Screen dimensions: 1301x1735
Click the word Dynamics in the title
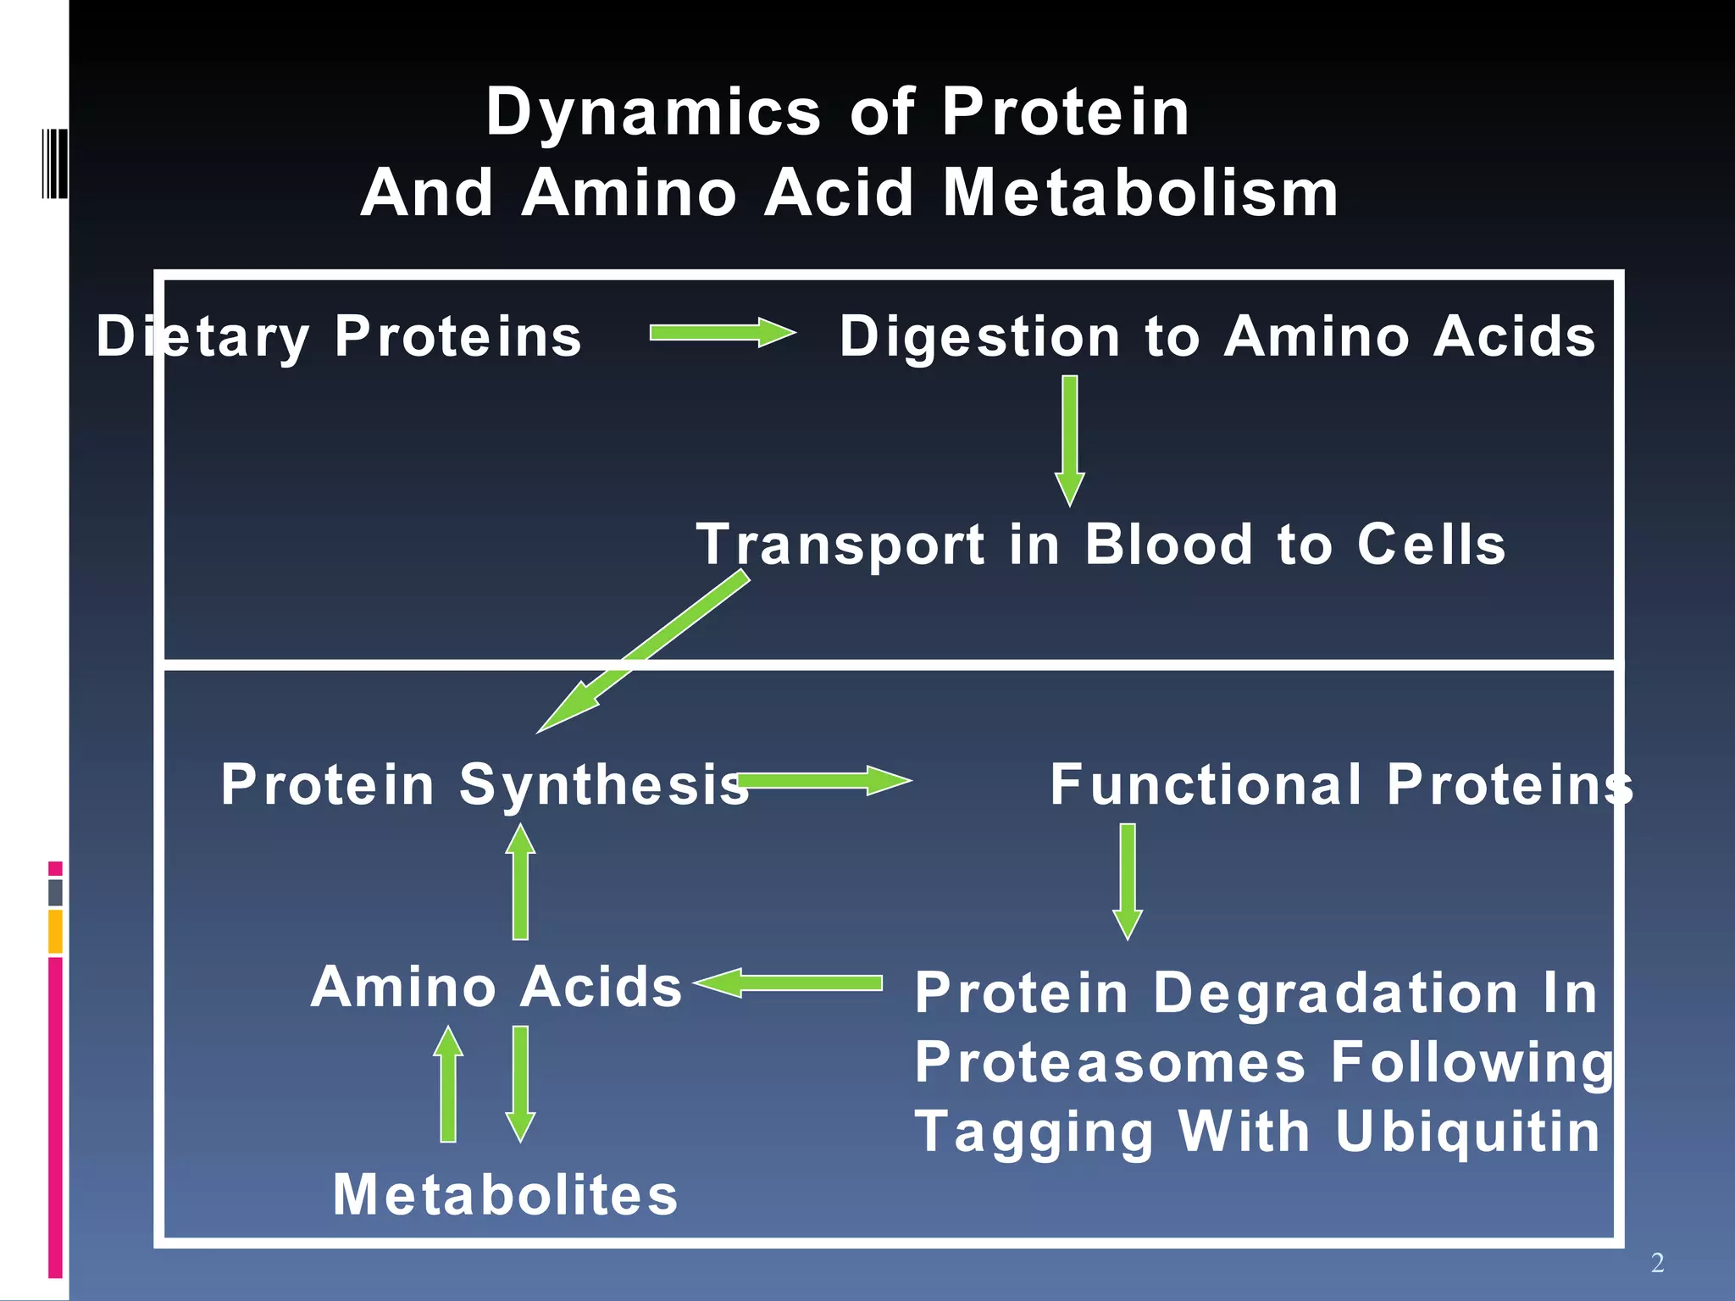point(653,113)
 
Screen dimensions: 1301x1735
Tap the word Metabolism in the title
point(1140,193)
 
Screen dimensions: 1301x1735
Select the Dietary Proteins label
point(339,337)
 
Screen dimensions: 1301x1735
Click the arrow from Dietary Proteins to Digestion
point(722,333)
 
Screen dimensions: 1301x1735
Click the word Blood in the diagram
point(1168,544)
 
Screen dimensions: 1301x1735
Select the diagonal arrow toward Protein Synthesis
point(644,651)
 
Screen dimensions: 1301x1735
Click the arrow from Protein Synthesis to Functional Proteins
point(822,780)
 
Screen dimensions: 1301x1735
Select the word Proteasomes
point(1110,1062)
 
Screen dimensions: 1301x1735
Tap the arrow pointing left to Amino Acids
point(788,983)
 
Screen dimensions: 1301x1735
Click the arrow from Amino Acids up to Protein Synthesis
point(520,881)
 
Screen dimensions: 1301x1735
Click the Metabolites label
point(505,1195)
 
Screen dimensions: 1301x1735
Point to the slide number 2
point(1657,1263)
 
